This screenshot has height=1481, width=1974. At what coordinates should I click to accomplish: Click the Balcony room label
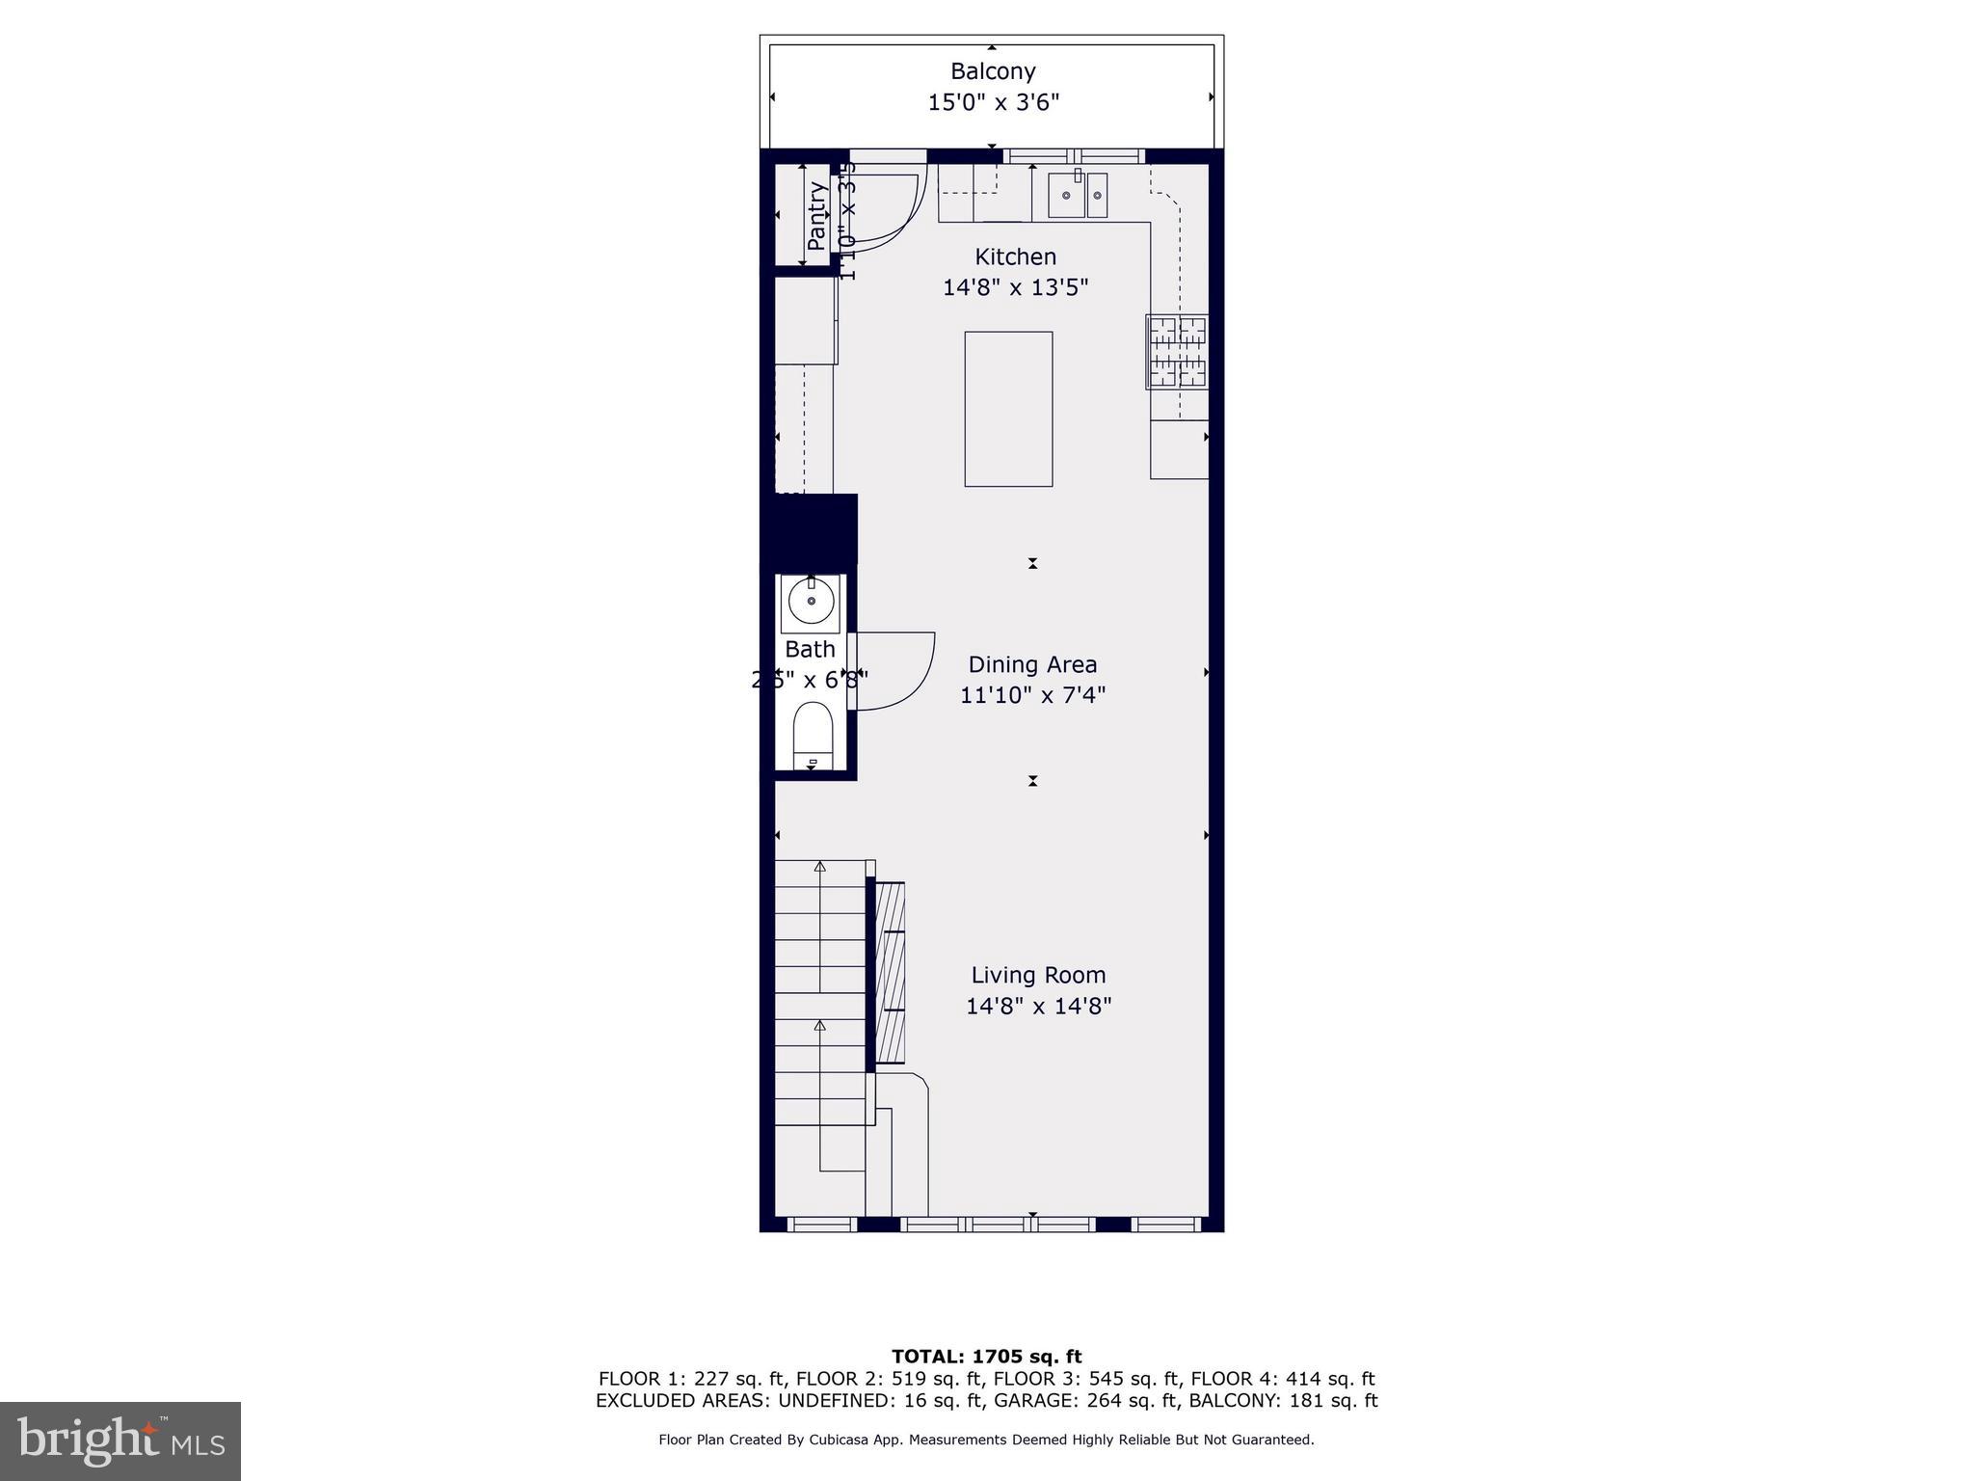click(993, 71)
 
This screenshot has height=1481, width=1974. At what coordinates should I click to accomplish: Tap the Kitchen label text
click(1015, 257)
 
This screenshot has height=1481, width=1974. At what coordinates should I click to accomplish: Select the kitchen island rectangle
click(1008, 409)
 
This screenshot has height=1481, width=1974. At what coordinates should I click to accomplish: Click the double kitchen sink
click(1079, 196)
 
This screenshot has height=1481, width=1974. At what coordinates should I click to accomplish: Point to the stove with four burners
click(1177, 352)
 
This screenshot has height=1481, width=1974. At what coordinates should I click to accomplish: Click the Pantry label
click(816, 217)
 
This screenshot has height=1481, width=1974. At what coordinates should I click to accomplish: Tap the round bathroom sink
click(812, 602)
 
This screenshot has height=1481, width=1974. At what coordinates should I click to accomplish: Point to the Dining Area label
click(1032, 665)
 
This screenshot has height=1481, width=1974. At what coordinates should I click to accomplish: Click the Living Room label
click(1038, 976)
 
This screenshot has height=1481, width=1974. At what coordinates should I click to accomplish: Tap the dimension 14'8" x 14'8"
click(1039, 1007)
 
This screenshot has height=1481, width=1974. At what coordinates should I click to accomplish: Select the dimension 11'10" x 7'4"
click(1032, 695)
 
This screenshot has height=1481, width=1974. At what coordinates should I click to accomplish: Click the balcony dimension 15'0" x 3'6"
click(993, 102)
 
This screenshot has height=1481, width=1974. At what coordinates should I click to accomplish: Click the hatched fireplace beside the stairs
click(890, 972)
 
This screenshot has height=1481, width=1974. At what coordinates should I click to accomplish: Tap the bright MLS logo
click(120, 1441)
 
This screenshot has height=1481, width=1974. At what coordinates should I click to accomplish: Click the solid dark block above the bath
click(810, 529)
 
